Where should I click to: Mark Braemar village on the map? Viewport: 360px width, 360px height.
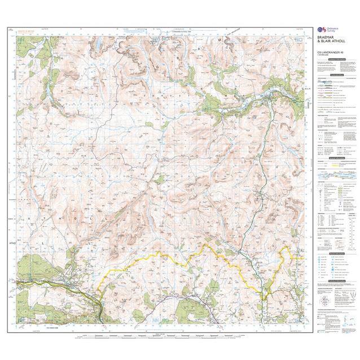pyautogui.click(x=266, y=103)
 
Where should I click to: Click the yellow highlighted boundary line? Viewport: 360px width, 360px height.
pyautogui.click(x=169, y=257)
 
